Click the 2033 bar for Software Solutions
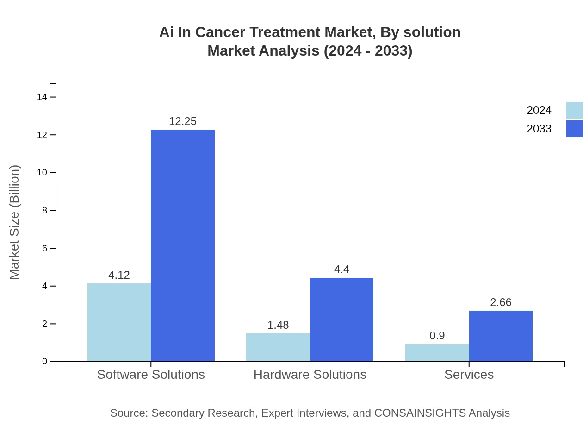click(x=183, y=245)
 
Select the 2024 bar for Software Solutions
click(x=119, y=322)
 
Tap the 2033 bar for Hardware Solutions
click(x=341, y=319)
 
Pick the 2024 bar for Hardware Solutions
click(x=278, y=347)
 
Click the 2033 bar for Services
click(x=501, y=336)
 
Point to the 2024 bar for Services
click(x=437, y=353)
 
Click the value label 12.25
click(x=183, y=121)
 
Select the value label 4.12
click(x=119, y=275)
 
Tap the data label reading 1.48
click(x=278, y=325)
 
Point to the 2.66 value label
click(x=501, y=302)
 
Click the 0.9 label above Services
click(x=437, y=336)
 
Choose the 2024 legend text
click(x=539, y=110)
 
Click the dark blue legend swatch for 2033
click(x=574, y=129)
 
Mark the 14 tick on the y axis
click(x=42, y=97)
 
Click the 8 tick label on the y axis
click(x=45, y=210)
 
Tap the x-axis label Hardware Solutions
click(x=310, y=374)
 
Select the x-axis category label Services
click(x=469, y=374)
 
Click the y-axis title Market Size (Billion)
click(x=14, y=222)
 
